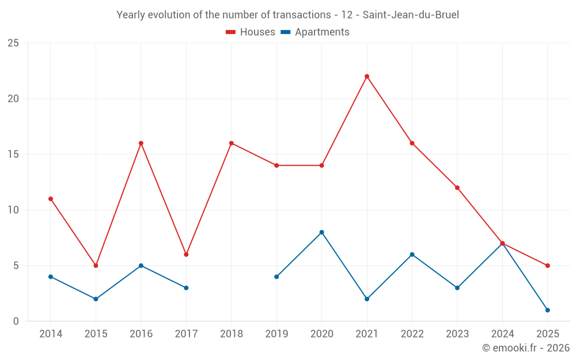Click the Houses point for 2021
[367, 76]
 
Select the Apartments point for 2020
[321, 232]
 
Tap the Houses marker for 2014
[51, 199]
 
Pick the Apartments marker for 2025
[548, 310]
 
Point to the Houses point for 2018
[232, 143]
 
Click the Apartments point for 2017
[186, 287]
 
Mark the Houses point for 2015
[96, 266]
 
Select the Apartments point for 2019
[276, 276]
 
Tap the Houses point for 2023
[457, 188]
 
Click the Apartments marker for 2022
[412, 255]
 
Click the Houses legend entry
[251, 32]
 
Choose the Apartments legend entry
[315, 32]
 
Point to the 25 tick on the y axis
[13, 43]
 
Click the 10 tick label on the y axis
[13, 210]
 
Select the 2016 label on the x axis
[141, 334]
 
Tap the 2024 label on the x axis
[502, 334]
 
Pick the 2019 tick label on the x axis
[276, 334]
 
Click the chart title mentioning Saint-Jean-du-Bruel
[287, 15]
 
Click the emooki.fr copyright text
[526, 348]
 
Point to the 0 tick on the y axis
[16, 321]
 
